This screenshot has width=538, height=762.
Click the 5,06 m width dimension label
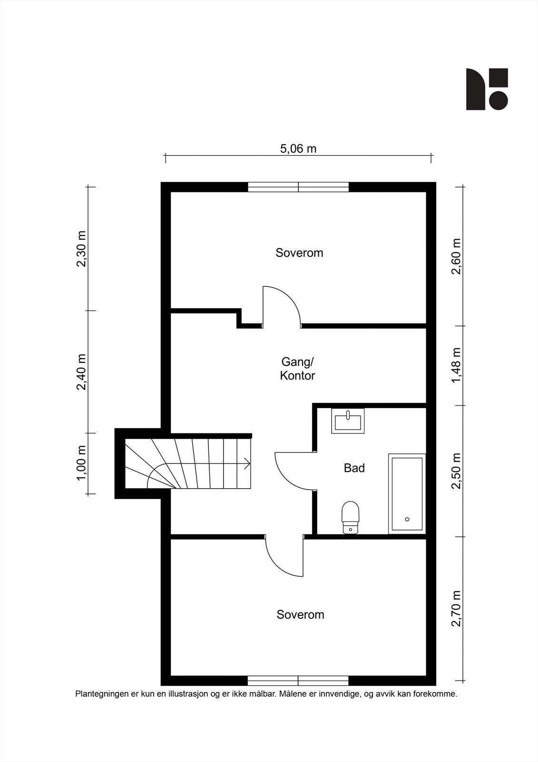298,149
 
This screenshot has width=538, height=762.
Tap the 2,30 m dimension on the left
81,249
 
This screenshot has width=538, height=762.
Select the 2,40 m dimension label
81,372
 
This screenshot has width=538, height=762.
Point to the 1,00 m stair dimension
81,463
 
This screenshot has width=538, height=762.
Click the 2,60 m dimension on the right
456,256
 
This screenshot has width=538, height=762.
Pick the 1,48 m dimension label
456,365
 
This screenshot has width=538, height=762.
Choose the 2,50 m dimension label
456,471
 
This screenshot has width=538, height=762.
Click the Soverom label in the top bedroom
299,253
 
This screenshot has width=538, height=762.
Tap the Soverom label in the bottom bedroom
301,614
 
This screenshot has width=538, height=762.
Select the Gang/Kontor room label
297,369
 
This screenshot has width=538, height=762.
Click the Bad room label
354,468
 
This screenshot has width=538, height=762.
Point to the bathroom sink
348,421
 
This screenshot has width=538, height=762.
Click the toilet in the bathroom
351,517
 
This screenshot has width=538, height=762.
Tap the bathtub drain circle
407,519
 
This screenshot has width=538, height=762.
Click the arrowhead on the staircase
247,464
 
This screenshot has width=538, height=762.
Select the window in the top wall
298,187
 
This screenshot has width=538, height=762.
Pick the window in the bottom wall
298,681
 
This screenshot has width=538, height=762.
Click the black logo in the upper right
487,89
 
